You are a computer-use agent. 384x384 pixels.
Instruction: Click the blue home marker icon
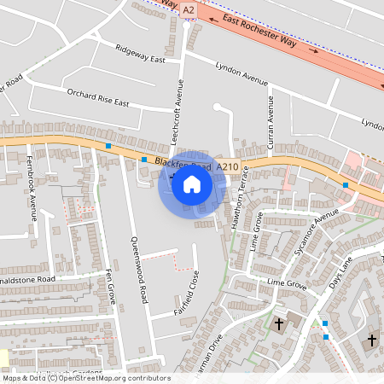[x=192, y=183]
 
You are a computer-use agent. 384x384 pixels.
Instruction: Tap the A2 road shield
[x=189, y=9]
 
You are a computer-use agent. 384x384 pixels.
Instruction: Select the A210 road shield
[x=227, y=166]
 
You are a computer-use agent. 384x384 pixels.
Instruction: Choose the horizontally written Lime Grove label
[x=286, y=282]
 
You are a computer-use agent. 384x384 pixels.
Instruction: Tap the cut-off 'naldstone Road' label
[x=27, y=279]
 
